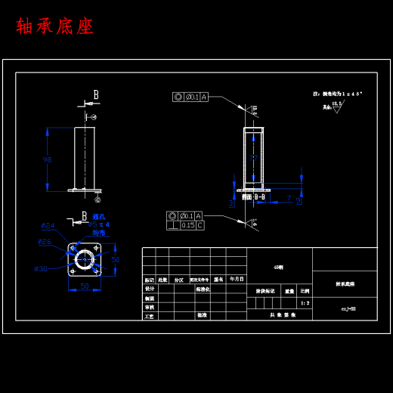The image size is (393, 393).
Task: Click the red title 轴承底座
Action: pyautogui.click(x=55, y=26)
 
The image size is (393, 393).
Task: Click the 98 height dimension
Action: pyautogui.click(x=48, y=159)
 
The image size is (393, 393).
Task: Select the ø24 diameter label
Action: pyautogui.click(x=48, y=225)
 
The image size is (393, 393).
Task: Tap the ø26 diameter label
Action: pyautogui.click(x=45, y=242)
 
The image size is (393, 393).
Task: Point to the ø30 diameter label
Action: pyautogui.click(x=41, y=268)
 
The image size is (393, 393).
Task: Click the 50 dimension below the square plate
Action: pyautogui.click(x=84, y=286)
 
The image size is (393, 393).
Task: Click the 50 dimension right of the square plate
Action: pyautogui.click(x=115, y=259)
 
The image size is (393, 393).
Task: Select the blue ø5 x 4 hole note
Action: pyautogui.click(x=99, y=224)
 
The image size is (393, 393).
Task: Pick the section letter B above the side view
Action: pyautogui.click(x=96, y=95)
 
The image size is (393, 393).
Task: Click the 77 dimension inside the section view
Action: pyautogui.click(x=253, y=157)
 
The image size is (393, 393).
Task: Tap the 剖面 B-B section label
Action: pyautogui.click(x=253, y=197)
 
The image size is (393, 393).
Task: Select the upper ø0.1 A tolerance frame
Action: pyautogui.click(x=190, y=97)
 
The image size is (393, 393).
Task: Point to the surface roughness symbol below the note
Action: pyautogui.click(x=336, y=107)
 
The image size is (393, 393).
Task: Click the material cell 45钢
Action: pyautogui.click(x=279, y=267)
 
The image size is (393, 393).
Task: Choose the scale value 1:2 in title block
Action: pyautogui.click(x=305, y=302)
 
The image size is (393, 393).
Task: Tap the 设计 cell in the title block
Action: pyautogui.click(x=150, y=289)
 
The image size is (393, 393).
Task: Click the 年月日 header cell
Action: pyautogui.click(x=237, y=279)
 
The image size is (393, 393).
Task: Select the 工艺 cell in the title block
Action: pyautogui.click(x=150, y=316)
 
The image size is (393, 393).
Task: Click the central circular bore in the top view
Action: pyautogui.click(x=84, y=260)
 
